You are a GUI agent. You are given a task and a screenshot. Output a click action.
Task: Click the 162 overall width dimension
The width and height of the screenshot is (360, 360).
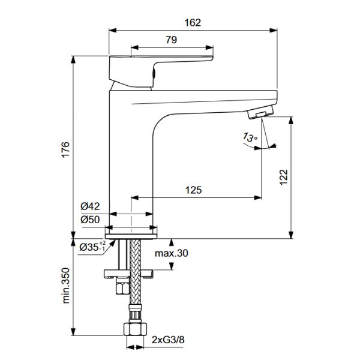coord(192,23)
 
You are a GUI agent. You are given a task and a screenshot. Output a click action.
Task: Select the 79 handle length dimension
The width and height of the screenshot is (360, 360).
coord(170,40)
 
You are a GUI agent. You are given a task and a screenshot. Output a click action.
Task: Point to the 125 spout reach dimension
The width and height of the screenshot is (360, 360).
coord(193,190)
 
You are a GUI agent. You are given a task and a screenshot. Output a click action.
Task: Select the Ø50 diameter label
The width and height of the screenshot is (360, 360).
coord(90,220)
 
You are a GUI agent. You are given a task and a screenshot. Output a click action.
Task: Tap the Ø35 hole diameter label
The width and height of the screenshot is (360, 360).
coord(92,246)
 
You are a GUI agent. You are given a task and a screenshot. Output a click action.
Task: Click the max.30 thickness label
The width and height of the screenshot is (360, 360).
coord(172,254)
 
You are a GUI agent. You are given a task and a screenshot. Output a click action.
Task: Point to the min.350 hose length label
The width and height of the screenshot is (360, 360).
coord(67,287)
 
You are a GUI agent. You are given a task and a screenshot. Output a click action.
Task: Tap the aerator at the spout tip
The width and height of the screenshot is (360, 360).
coord(260,113)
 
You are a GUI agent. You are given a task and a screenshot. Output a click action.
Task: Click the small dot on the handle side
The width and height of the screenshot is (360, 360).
coord(154,74)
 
